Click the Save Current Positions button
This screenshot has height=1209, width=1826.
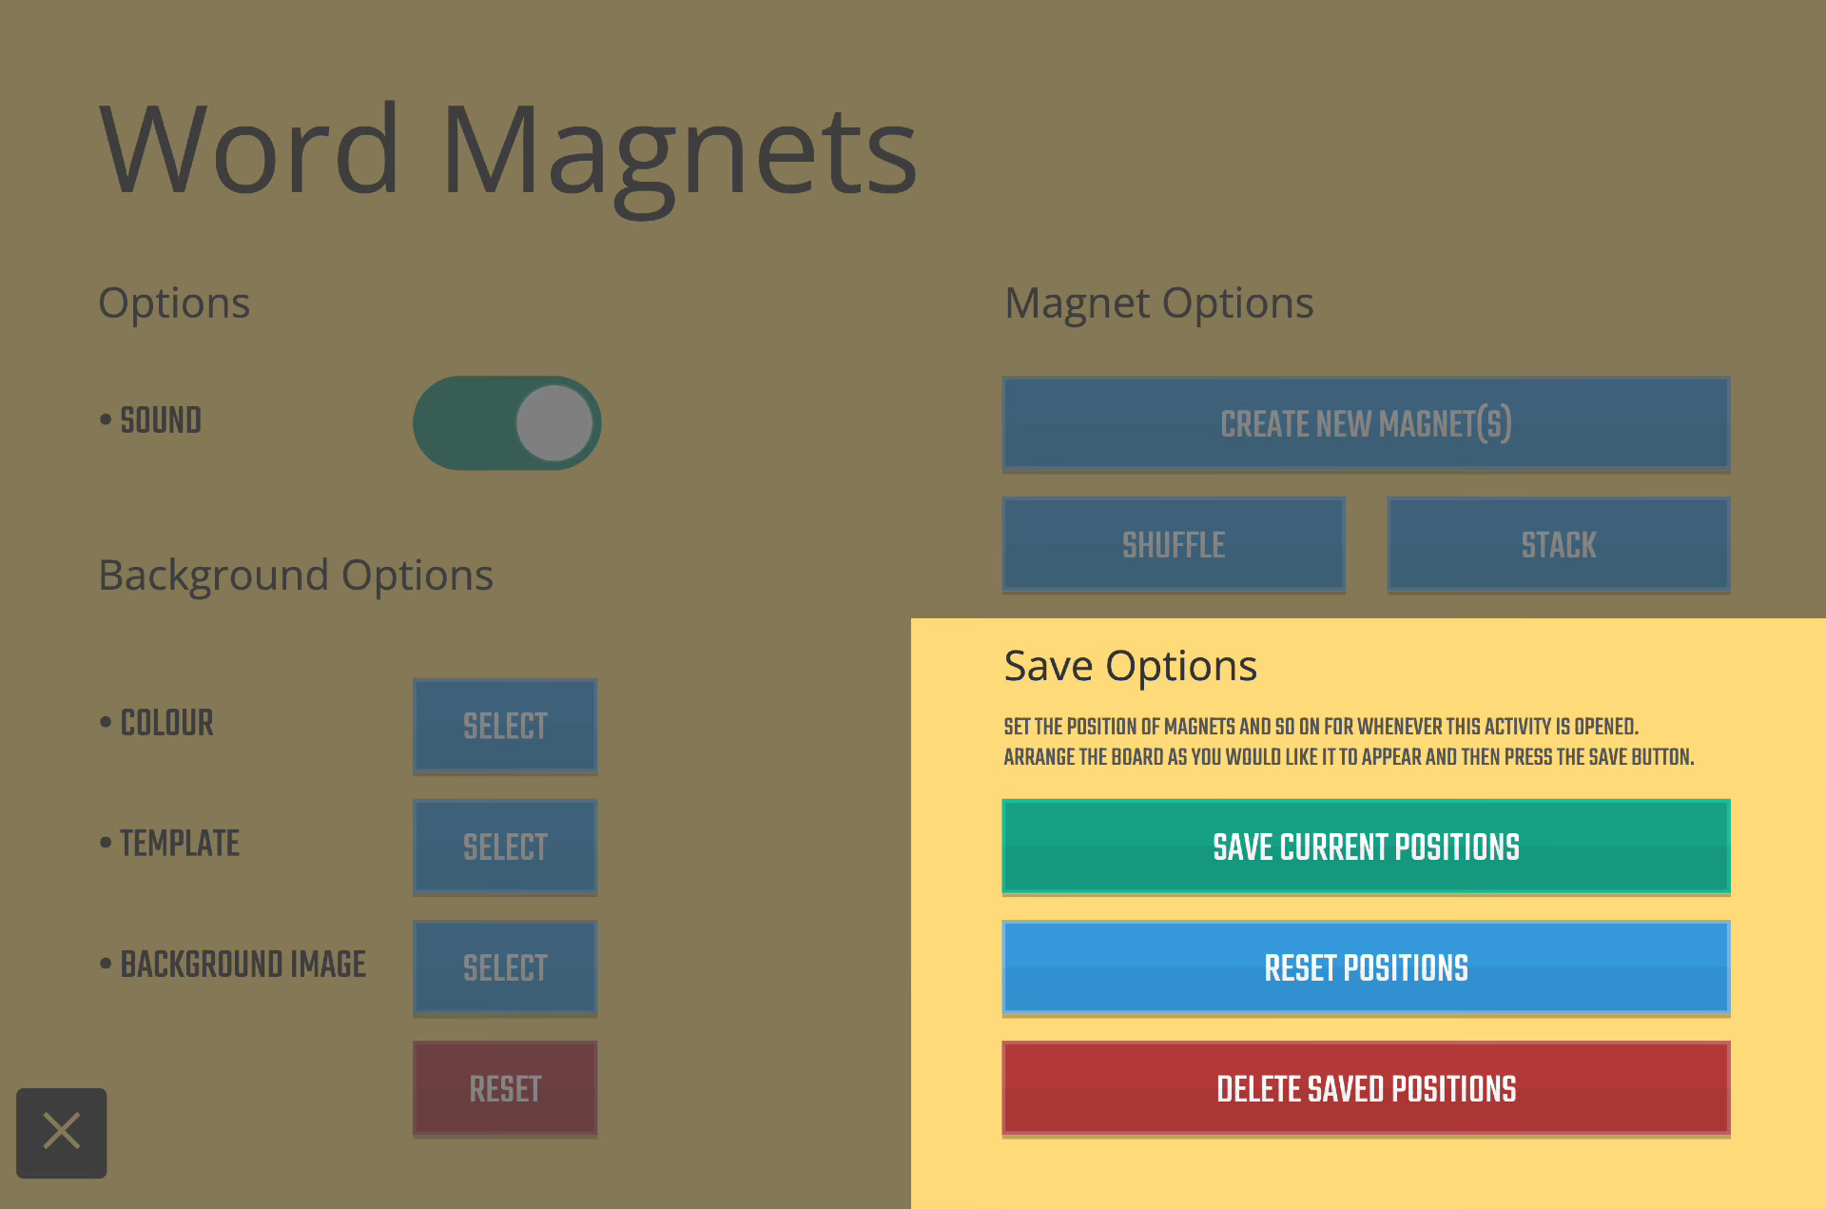pos(1366,847)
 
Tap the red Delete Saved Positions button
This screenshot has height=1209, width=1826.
pos(1366,1088)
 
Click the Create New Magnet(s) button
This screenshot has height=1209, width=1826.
pos(1366,423)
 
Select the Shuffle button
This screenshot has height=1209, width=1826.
pos(1174,544)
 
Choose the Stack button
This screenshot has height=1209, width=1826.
pos(1558,544)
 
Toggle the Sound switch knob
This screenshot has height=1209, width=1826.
pos(554,423)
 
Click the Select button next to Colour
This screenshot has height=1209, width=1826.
pos(505,726)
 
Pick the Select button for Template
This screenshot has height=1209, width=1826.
pos(505,847)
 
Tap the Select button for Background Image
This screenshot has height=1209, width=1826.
pos(505,967)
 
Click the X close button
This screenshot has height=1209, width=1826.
pos(62,1132)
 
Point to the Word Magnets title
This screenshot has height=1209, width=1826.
pos(508,150)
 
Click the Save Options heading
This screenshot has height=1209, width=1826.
pos(1130,666)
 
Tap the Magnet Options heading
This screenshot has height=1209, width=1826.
pos(1158,303)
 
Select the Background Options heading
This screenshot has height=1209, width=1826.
pos(296,575)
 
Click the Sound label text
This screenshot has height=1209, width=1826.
pos(160,420)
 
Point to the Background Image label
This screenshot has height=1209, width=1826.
pos(243,965)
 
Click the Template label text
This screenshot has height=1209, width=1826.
pos(179,844)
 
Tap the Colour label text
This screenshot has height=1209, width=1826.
pos(166,723)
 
